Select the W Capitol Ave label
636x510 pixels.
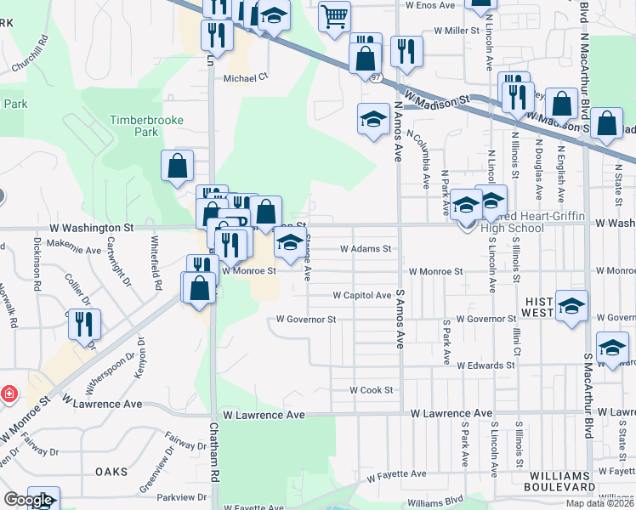(x=361, y=295)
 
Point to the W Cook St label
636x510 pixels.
(x=372, y=390)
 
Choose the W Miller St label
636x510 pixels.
(x=457, y=30)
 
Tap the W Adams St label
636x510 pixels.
(x=365, y=249)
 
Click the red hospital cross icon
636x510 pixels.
(x=8, y=395)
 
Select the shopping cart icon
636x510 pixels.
(x=335, y=14)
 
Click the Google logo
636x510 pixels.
(x=27, y=501)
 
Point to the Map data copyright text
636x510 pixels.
(x=600, y=503)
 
